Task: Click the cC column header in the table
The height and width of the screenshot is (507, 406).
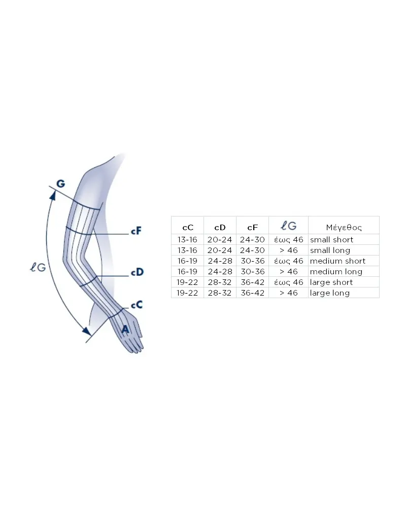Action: [188, 228]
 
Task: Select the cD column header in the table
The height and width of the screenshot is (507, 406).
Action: [220, 228]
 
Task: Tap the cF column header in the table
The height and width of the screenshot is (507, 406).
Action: [253, 228]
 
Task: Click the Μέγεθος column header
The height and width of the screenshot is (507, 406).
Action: [344, 228]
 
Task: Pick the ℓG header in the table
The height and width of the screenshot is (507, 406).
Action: [288, 226]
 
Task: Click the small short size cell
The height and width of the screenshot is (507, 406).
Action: [331, 240]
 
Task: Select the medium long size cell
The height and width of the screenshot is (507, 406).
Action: [336, 272]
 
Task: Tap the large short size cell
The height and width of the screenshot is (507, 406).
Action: [331, 282]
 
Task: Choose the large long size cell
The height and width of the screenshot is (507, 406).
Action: [329, 293]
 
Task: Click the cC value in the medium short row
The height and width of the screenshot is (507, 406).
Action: [187, 261]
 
